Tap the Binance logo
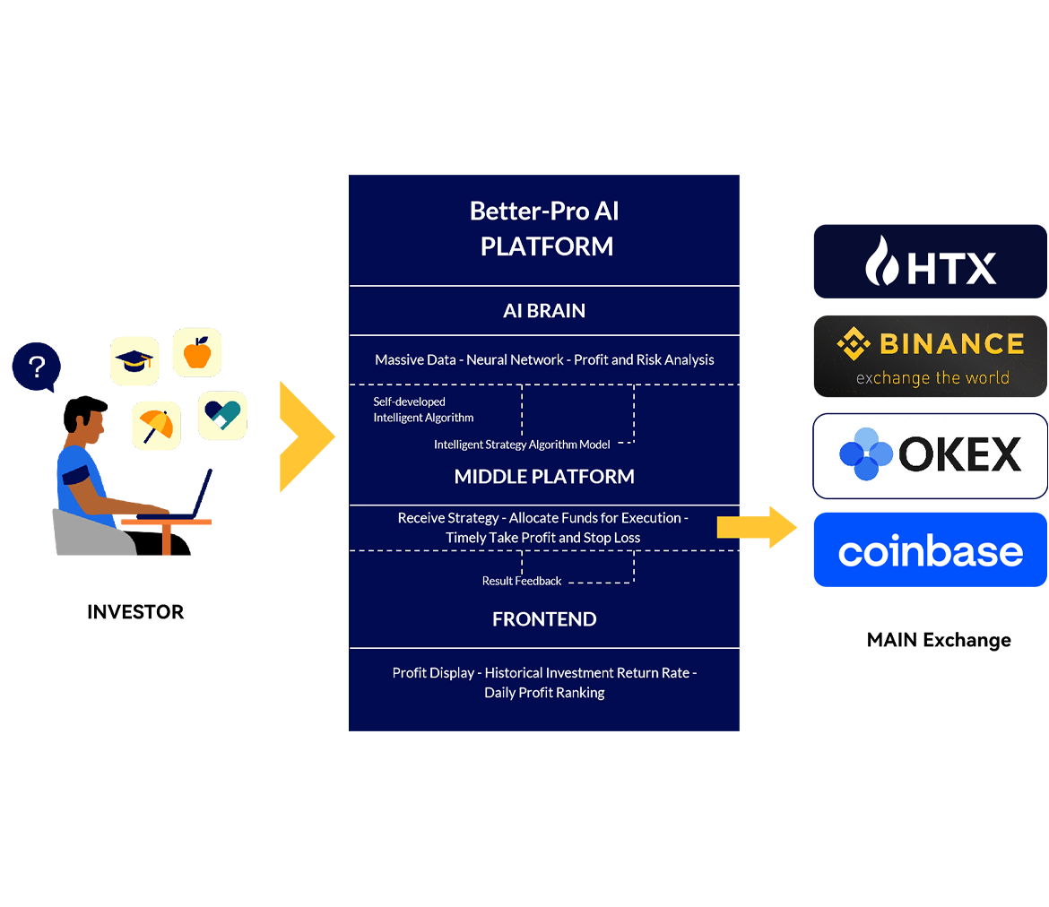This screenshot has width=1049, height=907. coord(931,344)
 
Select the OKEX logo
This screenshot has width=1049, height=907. coord(930,455)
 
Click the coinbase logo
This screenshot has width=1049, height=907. coord(930,552)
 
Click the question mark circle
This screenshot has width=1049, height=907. coord(37,367)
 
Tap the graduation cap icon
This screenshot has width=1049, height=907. coord(134,361)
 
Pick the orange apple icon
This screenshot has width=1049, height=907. coord(196,352)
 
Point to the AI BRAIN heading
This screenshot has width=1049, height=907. coord(544,311)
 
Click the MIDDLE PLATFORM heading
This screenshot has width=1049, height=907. coord(544,477)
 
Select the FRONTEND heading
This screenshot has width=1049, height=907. coord(544,619)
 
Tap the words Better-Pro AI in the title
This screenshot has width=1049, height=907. coord(544,212)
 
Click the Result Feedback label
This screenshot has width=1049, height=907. coord(522,581)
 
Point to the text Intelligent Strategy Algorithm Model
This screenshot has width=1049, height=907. coord(522,445)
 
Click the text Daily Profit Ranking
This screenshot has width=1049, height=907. coord(544,693)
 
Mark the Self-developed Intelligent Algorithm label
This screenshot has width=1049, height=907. coord(423,410)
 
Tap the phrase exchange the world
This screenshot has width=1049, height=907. coord(932,377)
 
